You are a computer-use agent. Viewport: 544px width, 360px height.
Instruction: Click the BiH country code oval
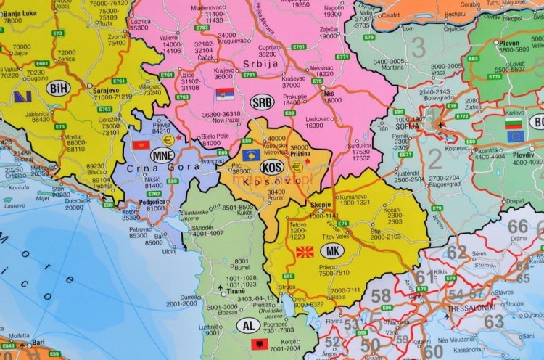tap(58, 88)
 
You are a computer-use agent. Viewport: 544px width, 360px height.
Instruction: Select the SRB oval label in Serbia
tap(262, 102)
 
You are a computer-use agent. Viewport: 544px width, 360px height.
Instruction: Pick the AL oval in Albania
tap(248, 326)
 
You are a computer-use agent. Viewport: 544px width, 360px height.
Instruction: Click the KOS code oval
tap(273, 167)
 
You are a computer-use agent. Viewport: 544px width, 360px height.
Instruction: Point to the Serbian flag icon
tap(225, 94)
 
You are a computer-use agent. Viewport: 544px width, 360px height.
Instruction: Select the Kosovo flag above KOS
tap(251, 155)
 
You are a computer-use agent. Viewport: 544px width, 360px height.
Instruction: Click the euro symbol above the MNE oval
tap(168, 140)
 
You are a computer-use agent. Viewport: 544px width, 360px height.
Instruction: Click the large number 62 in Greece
tap(457, 252)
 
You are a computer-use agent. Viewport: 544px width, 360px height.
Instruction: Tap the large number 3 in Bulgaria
tap(419, 47)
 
